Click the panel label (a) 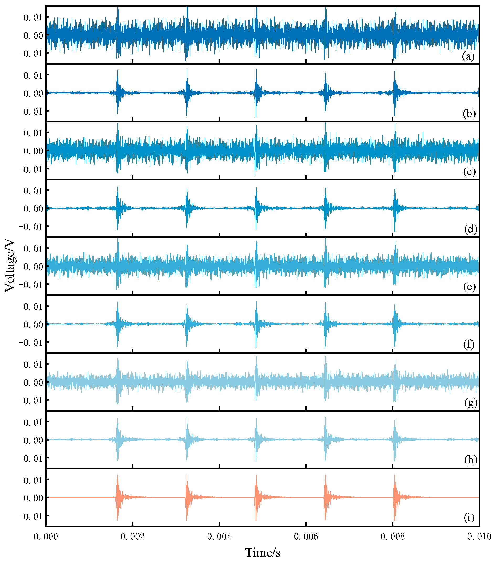(468, 57)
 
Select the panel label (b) (469, 114)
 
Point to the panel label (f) (469, 344)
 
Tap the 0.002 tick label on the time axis (132, 536)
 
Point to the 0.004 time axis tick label (219, 536)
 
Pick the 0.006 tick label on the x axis (306, 536)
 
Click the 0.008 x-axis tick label (393, 536)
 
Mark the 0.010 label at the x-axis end (479, 536)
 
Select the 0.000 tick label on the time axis (46, 536)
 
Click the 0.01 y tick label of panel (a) (33, 17)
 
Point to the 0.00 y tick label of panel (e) (33, 267)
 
